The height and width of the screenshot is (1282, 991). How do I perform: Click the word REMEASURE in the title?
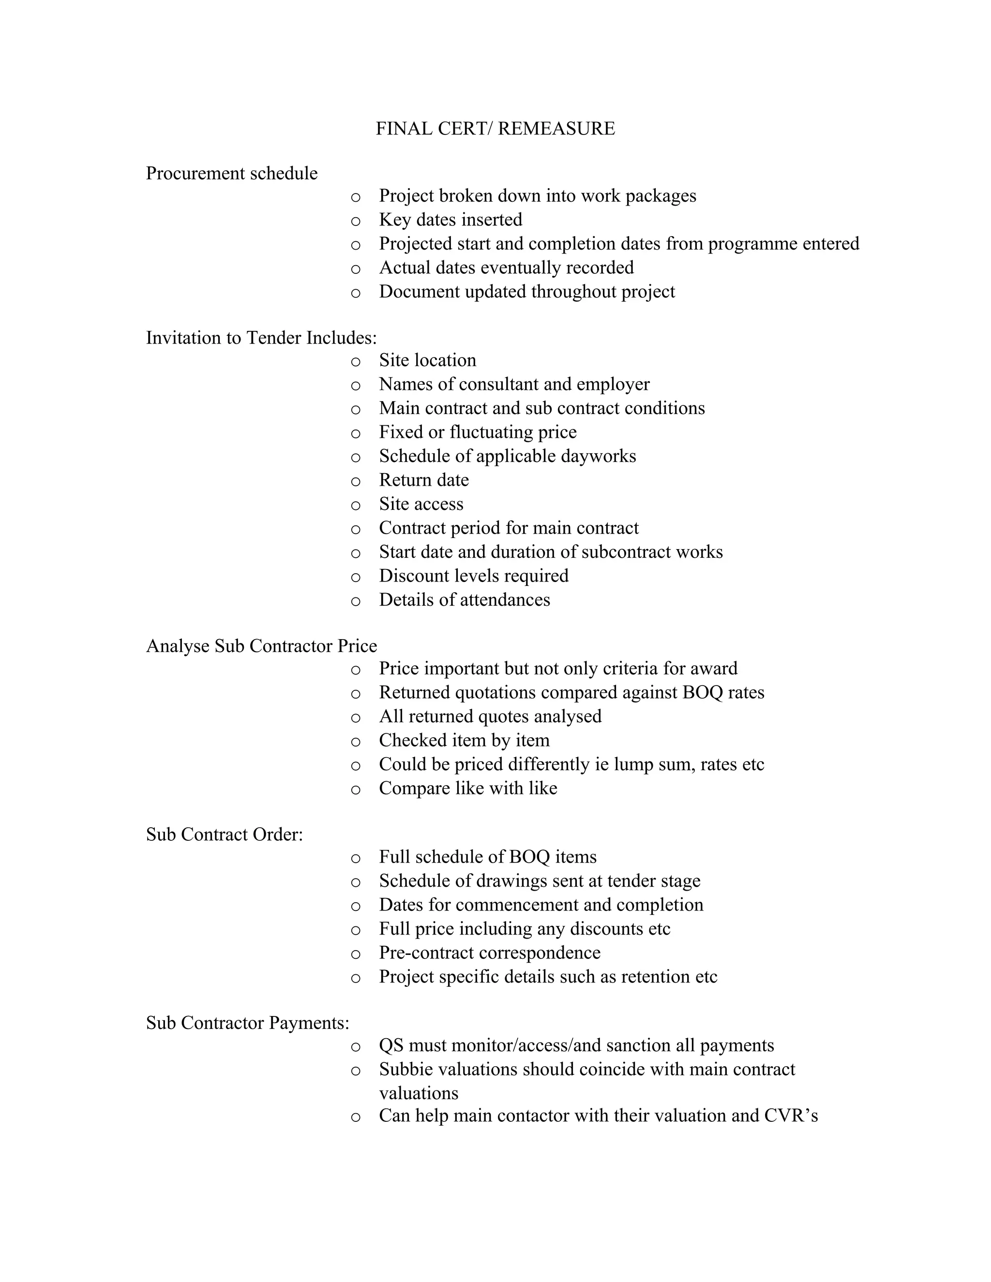(556, 129)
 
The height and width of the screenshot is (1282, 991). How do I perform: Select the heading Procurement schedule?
(231, 173)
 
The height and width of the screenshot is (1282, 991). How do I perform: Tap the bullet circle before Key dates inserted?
(355, 221)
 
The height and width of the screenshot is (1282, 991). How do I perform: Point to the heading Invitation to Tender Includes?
(261, 338)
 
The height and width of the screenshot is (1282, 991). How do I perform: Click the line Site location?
(427, 360)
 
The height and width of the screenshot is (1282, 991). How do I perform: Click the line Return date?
(424, 480)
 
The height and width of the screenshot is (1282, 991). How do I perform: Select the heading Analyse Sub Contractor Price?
(261, 646)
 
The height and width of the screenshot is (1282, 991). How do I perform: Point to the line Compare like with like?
(468, 789)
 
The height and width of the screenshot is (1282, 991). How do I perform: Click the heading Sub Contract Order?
(224, 834)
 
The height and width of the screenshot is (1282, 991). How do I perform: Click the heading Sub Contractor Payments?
(247, 1023)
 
